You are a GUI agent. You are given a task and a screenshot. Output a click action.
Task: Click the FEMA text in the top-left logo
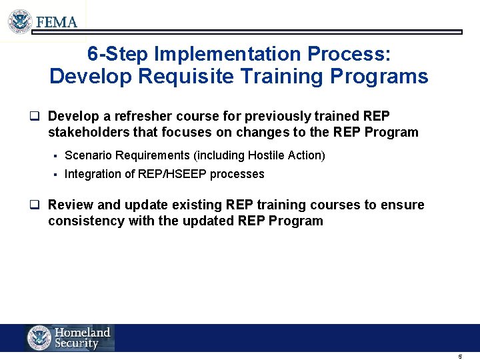point(57,21)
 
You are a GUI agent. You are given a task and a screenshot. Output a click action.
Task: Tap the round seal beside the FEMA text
point(21,21)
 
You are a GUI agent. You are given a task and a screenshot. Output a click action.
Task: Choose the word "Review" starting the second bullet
point(69,205)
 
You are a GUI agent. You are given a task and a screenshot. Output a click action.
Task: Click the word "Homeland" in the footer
point(82,332)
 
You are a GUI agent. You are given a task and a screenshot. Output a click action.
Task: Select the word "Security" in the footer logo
point(77,344)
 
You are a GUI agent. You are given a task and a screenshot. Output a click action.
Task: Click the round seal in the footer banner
point(39,338)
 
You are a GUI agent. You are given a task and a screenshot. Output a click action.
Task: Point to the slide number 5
point(460,357)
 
